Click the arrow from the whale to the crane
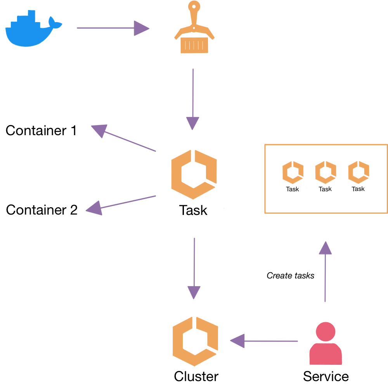point(113,28)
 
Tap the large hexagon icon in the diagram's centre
point(194,174)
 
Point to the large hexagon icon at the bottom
point(195,341)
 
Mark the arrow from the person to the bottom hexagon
point(264,341)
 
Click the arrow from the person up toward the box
point(325,271)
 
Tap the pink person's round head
point(326,332)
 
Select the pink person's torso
point(326,354)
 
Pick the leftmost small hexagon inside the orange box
point(293,172)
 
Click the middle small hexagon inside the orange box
point(326,172)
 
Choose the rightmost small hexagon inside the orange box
point(359,172)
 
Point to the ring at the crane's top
point(194,6)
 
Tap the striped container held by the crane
point(194,45)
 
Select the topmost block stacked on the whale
point(31,14)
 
